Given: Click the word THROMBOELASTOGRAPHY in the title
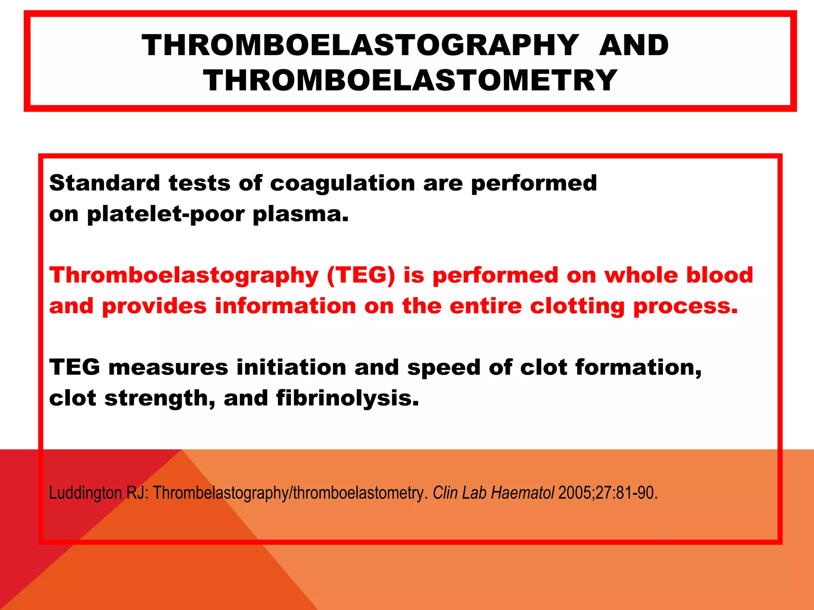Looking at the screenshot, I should pyautogui.click(x=360, y=45).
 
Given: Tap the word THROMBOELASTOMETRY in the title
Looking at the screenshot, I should pyautogui.click(x=410, y=81).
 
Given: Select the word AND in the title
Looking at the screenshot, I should pyautogui.click(x=634, y=45).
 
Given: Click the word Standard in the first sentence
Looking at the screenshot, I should pyautogui.click(x=105, y=183).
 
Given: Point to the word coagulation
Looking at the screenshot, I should pyautogui.click(x=342, y=184).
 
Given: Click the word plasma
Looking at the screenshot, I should pyautogui.click(x=300, y=215).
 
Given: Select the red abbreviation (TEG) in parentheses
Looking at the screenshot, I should pyautogui.click(x=361, y=276).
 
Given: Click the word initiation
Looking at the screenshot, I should pyautogui.click(x=291, y=367).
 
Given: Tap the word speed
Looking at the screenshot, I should pyautogui.click(x=444, y=368).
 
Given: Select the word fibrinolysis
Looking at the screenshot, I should pyautogui.click(x=347, y=398).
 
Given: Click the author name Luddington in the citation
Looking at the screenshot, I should pyautogui.click(x=85, y=493).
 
